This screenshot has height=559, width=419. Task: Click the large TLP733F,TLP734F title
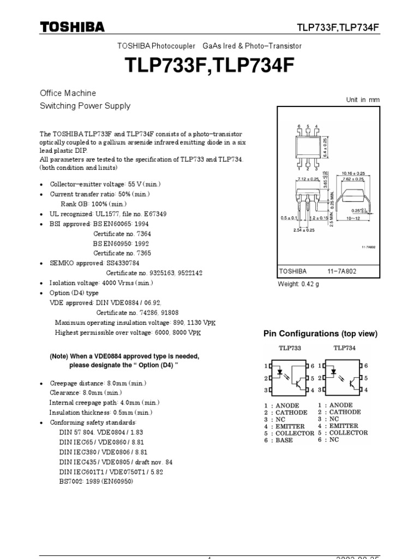[x=209, y=66]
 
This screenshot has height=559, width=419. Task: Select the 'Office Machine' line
[x=68, y=93]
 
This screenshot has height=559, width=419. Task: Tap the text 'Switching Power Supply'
[x=85, y=106]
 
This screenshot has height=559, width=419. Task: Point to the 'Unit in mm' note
[x=363, y=99]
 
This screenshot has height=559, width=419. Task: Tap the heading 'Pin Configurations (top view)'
[x=320, y=334]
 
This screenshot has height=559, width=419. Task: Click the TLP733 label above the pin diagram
[x=290, y=348]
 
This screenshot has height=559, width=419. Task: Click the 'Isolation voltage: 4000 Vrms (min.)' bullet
[x=101, y=283]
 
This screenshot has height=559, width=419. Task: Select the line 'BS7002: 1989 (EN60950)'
[x=96, y=481]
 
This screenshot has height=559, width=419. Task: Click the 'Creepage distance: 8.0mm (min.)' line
[x=98, y=383]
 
